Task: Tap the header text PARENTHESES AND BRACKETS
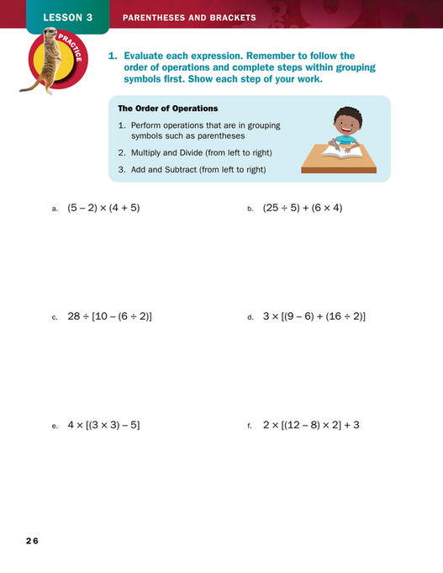[189, 17]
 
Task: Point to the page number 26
[32, 539]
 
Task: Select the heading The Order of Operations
[167, 109]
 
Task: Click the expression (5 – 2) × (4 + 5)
[103, 207]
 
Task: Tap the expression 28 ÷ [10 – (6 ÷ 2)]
[109, 316]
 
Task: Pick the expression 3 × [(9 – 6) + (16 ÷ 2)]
[314, 316]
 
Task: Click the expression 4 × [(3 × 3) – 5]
[103, 425]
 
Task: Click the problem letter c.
[55, 318]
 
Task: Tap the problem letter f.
[250, 427]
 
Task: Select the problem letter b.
[250, 209]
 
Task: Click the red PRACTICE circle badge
[56, 63]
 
